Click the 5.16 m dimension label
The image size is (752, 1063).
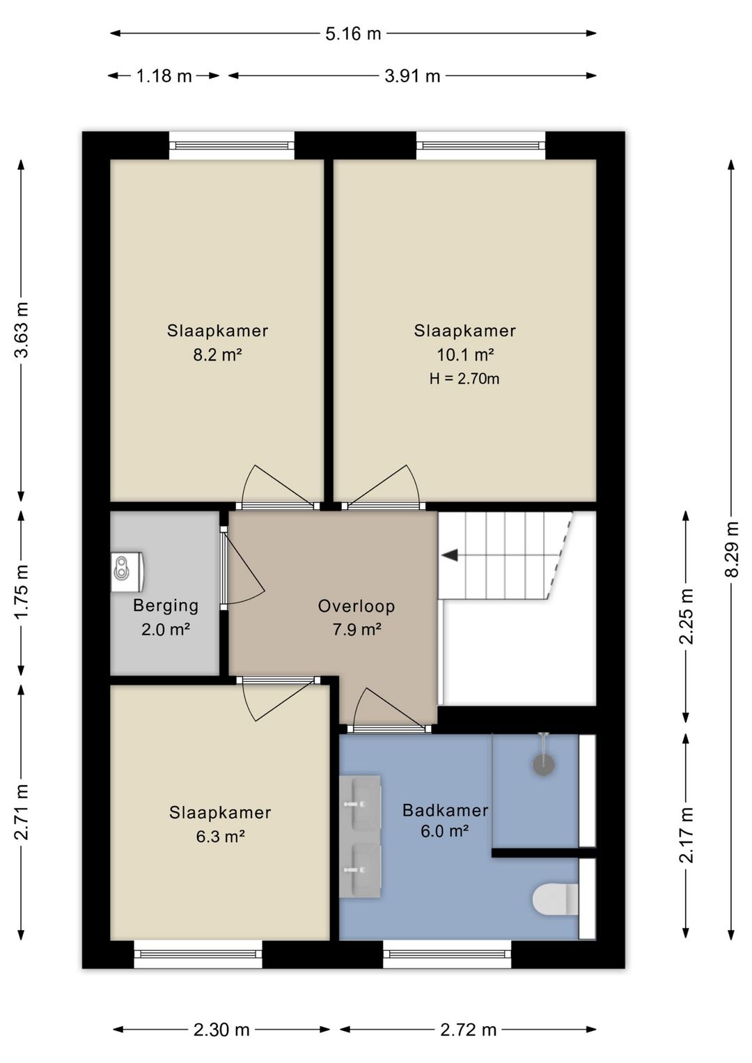click(353, 33)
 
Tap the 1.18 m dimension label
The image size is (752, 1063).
click(164, 76)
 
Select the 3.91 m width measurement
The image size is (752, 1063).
click(412, 76)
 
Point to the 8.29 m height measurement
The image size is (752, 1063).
click(732, 549)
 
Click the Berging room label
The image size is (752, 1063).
click(166, 605)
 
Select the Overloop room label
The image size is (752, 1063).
click(357, 606)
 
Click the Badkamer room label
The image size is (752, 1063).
click(446, 810)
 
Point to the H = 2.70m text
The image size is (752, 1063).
click(464, 379)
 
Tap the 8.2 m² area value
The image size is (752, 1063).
click(218, 355)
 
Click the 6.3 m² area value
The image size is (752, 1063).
click(221, 836)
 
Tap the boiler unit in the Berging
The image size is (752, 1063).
click(127, 571)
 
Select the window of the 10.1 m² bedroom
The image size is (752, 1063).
click(481, 145)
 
